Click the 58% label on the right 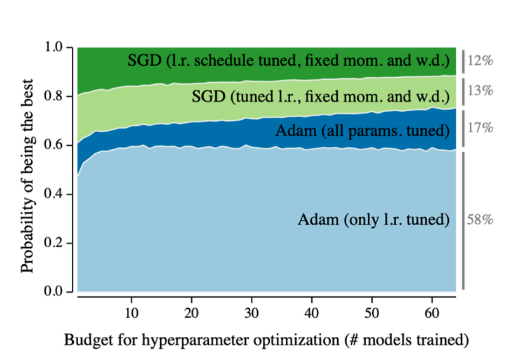[x=480, y=221]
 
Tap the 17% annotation [x=480, y=128]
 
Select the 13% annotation [x=480, y=91]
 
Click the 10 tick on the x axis [x=131, y=314]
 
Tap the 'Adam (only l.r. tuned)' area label [x=373, y=220]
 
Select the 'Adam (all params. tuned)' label [x=362, y=131]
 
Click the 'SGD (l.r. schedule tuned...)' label [x=289, y=60]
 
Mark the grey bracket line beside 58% [x=463, y=221]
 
